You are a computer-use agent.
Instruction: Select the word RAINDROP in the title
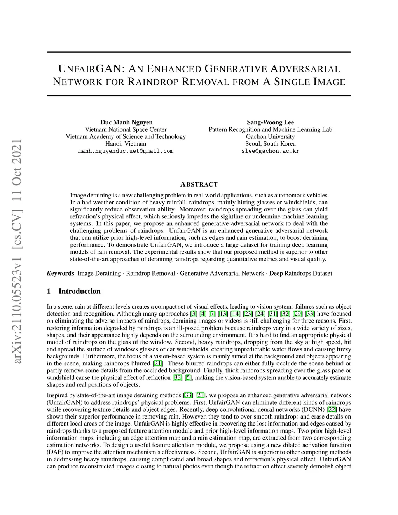(153, 82)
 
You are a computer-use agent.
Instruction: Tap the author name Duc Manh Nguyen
(126, 122)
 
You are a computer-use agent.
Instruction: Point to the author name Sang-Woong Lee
(270, 122)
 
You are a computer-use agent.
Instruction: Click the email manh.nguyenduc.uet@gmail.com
(126, 151)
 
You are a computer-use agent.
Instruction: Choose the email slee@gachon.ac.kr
(270, 151)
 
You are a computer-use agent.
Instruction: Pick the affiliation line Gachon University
(270, 136)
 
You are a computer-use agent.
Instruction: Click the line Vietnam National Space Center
(126, 129)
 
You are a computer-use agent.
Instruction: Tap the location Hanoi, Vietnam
(126, 143)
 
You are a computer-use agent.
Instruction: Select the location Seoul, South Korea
(270, 143)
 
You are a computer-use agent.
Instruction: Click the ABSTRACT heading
(199, 184)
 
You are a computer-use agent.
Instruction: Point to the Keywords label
(60, 273)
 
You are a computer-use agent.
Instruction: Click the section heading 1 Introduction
(74, 291)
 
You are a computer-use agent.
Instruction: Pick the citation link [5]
(188, 378)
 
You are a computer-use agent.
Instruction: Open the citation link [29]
(297, 314)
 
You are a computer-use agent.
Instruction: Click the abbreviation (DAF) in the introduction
(54, 452)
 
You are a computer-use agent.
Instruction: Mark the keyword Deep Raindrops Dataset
(301, 273)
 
